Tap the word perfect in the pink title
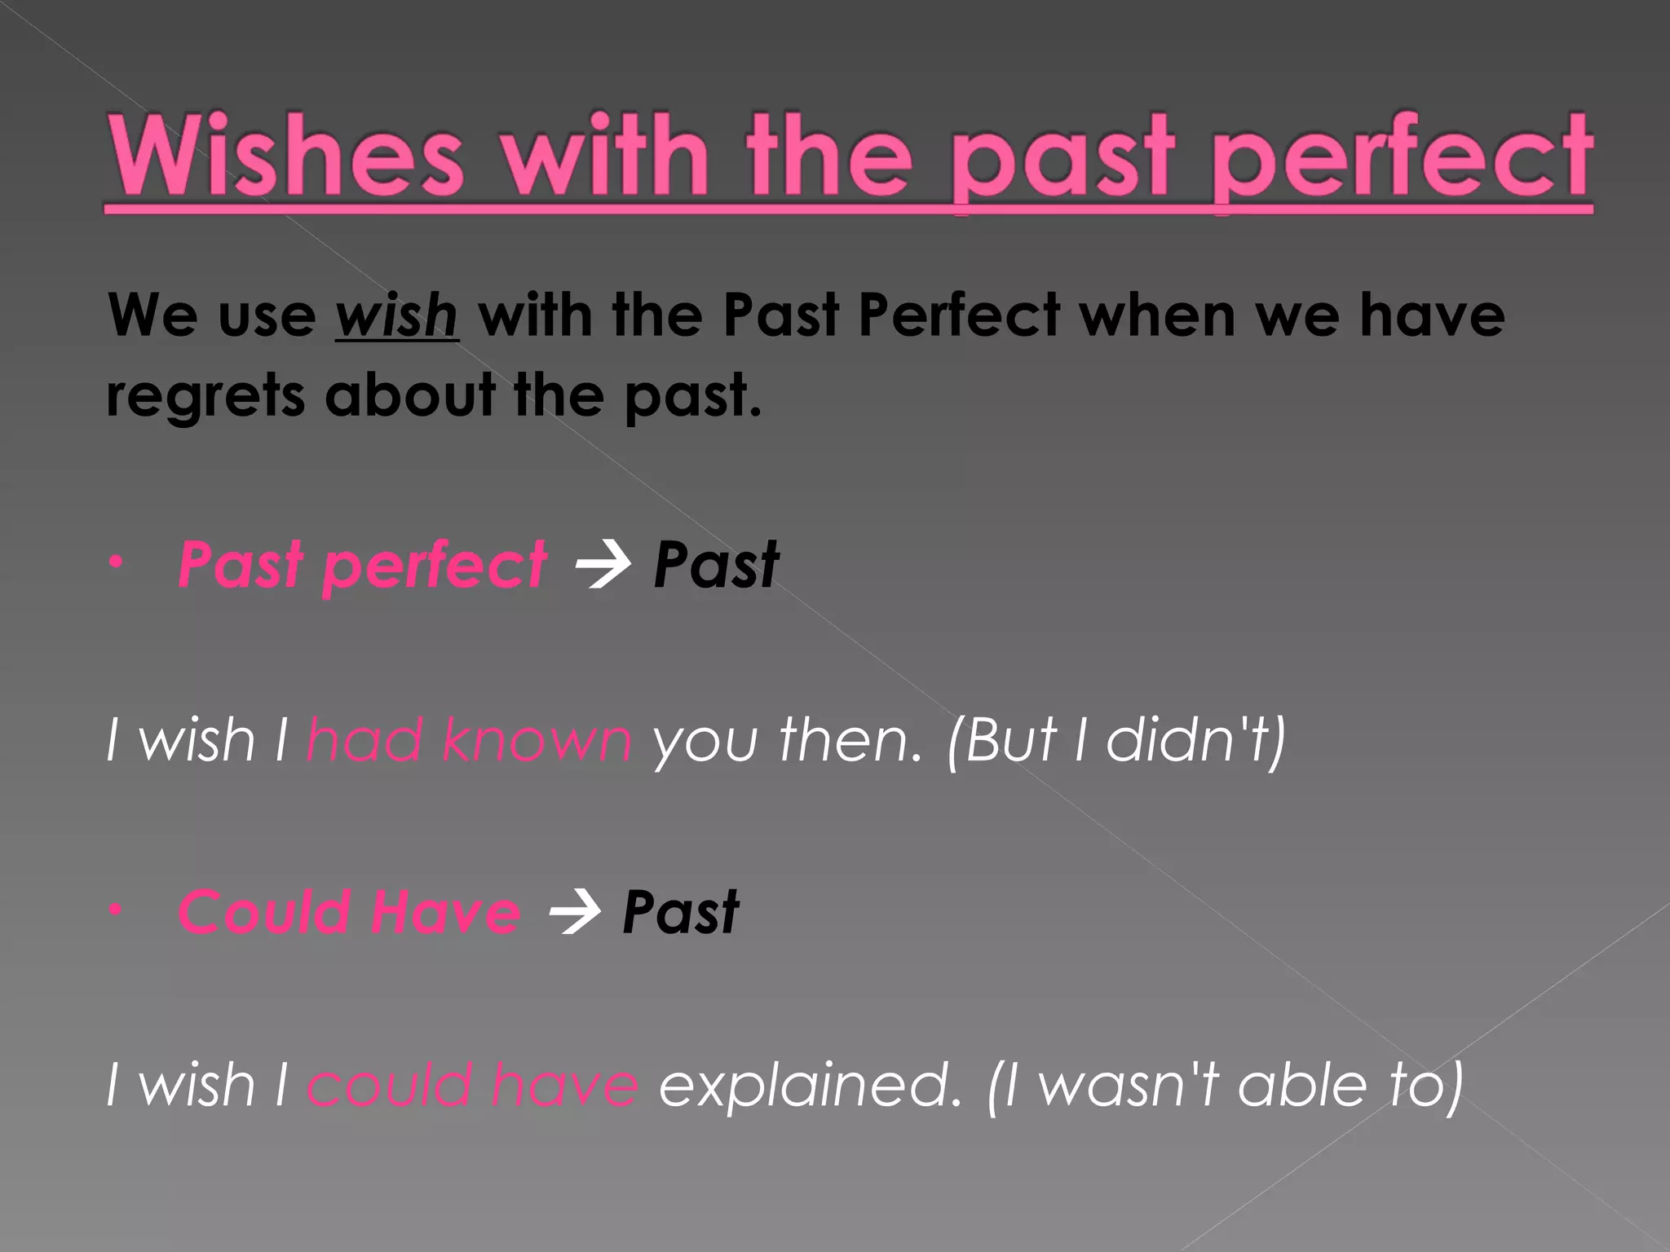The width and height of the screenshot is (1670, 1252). [x=1403, y=159]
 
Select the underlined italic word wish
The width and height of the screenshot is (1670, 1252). [x=396, y=315]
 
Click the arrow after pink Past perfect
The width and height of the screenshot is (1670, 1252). [x=602, y=565]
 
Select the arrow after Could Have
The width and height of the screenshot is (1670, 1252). [x=574, y=912]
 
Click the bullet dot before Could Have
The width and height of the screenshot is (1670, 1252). [x=117, y=909]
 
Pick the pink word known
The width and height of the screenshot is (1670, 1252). [x=537, y=741]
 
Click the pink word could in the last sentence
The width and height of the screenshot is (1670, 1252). [x=390, y=1086]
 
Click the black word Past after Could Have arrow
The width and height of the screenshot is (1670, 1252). [x=680, y=912]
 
